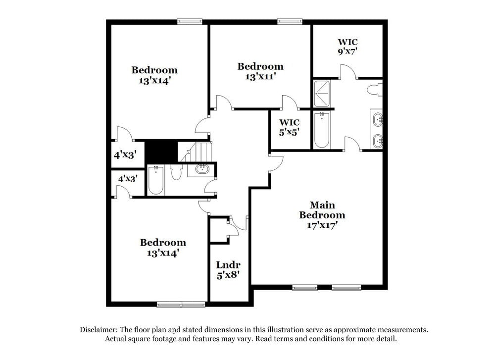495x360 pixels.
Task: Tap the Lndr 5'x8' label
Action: pos(228,270)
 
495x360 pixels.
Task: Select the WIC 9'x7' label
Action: pos(347,47)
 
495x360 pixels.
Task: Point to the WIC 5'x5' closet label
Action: pos(289,127)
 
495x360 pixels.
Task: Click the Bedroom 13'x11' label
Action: pos(260,71)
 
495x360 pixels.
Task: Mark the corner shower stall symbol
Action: pos(323,93)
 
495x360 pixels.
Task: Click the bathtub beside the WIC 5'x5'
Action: pos(322,130)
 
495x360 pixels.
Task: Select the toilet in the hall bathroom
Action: pos(175,172)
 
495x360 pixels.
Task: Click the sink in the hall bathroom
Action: pos(202,169)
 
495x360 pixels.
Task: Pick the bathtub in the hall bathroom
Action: pos(155,181)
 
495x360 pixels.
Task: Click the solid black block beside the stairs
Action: pos(161,151)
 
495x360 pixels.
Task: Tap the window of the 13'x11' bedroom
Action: pos(290,21)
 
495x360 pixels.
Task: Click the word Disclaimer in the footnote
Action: pos(98,329)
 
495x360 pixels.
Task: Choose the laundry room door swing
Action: pos(237,224)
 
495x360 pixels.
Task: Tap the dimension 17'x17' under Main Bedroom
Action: pos(322,225)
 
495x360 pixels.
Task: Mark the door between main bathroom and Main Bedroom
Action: pos(352,144)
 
